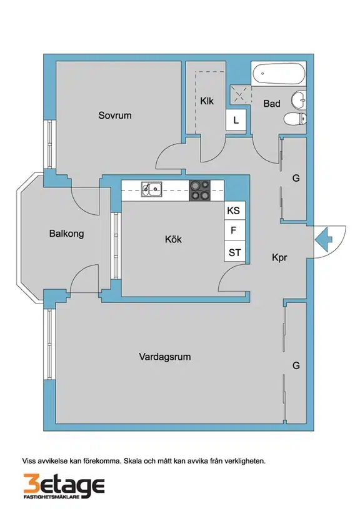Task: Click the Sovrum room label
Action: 115,116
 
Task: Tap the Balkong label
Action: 67,234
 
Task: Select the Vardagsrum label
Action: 165,357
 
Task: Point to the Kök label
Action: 173,239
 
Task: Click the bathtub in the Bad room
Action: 279,74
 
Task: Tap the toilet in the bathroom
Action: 295,119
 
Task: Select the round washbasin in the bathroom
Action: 299,100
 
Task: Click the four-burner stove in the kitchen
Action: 199,190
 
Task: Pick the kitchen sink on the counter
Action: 151,189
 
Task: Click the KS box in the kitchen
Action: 234,210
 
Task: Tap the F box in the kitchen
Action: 234,231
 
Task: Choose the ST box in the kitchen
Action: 234,252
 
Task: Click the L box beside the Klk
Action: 236,120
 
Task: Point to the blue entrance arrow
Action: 323,240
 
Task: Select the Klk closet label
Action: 207,101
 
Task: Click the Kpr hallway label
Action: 279,258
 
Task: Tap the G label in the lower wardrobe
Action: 296,365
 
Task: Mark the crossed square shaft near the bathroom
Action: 241,95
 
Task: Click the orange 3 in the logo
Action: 31,486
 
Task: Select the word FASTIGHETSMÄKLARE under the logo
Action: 52,497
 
